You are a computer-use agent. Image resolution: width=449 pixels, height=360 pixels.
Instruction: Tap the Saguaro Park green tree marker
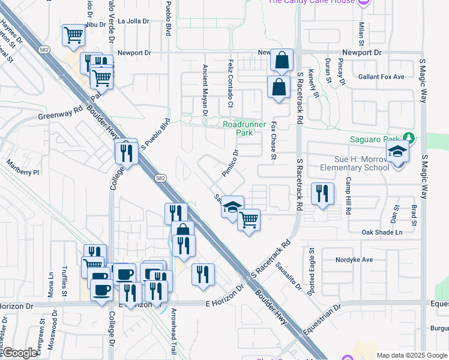pyautogui.click(x=409, y=137)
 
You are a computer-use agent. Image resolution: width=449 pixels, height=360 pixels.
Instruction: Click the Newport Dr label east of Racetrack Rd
pyautogui.click(x=361, y=53)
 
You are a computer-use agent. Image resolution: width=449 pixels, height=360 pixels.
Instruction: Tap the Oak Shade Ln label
pyautogui.click(x=382, y=232)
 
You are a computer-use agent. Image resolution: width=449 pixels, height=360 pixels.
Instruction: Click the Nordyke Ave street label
pyautogui.click(x=355, y=260)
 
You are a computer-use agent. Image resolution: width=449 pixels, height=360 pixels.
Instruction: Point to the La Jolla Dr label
pyautogui.click(x=133, y=21)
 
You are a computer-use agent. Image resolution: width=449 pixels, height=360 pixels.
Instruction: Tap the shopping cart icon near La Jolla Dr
pyautogui.click(x=73, y=35)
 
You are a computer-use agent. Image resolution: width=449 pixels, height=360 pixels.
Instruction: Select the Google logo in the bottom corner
pyautogui.click(x=20, y=353)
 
